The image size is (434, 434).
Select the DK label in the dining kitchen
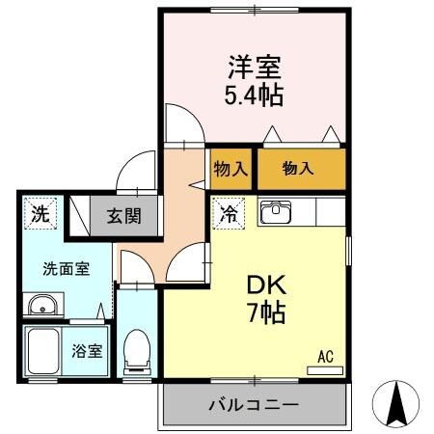click(256, 285)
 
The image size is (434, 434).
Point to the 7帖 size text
click(256, 312)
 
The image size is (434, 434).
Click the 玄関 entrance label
click(123, 215)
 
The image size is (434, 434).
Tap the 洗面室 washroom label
click(66, 269)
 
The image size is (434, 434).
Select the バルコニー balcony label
click(255, 405)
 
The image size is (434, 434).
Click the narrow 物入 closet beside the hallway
click(231, 169)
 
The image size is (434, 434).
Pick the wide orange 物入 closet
click(299, 169)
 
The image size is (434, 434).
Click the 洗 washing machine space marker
click(40, 214)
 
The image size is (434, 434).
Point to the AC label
click(325, 356)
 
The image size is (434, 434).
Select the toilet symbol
click(139, 352)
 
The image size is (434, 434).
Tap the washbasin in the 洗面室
click(42, 306)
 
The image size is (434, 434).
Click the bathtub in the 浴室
click(44, 351)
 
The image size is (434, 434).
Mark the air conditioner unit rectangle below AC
click(325, 368)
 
